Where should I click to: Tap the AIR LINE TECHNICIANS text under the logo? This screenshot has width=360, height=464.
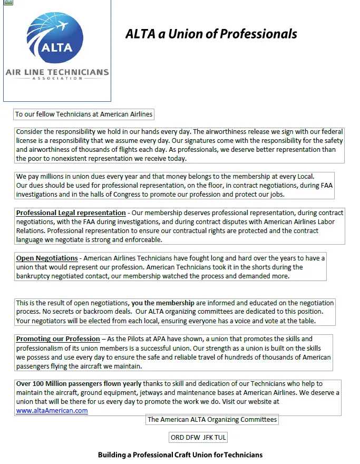point(57,72)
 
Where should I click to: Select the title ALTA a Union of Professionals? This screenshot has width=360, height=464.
point(211,34)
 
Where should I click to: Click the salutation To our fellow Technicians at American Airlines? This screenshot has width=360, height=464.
point(84,114)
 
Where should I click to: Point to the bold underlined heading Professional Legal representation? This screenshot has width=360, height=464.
point(71,213)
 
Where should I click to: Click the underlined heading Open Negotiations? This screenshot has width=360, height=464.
point(47,258)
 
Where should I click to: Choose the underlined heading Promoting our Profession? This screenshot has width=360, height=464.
point(58,339)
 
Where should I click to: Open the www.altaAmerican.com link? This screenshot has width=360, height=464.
point(52,411)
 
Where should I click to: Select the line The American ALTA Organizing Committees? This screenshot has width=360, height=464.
point(212,420)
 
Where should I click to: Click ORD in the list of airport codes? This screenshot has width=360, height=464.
point(177,437)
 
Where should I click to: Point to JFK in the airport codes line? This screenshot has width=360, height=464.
point(205,437)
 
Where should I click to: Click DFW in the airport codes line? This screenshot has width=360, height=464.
point(191,437)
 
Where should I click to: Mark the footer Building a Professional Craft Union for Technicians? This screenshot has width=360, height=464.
point(180,455)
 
